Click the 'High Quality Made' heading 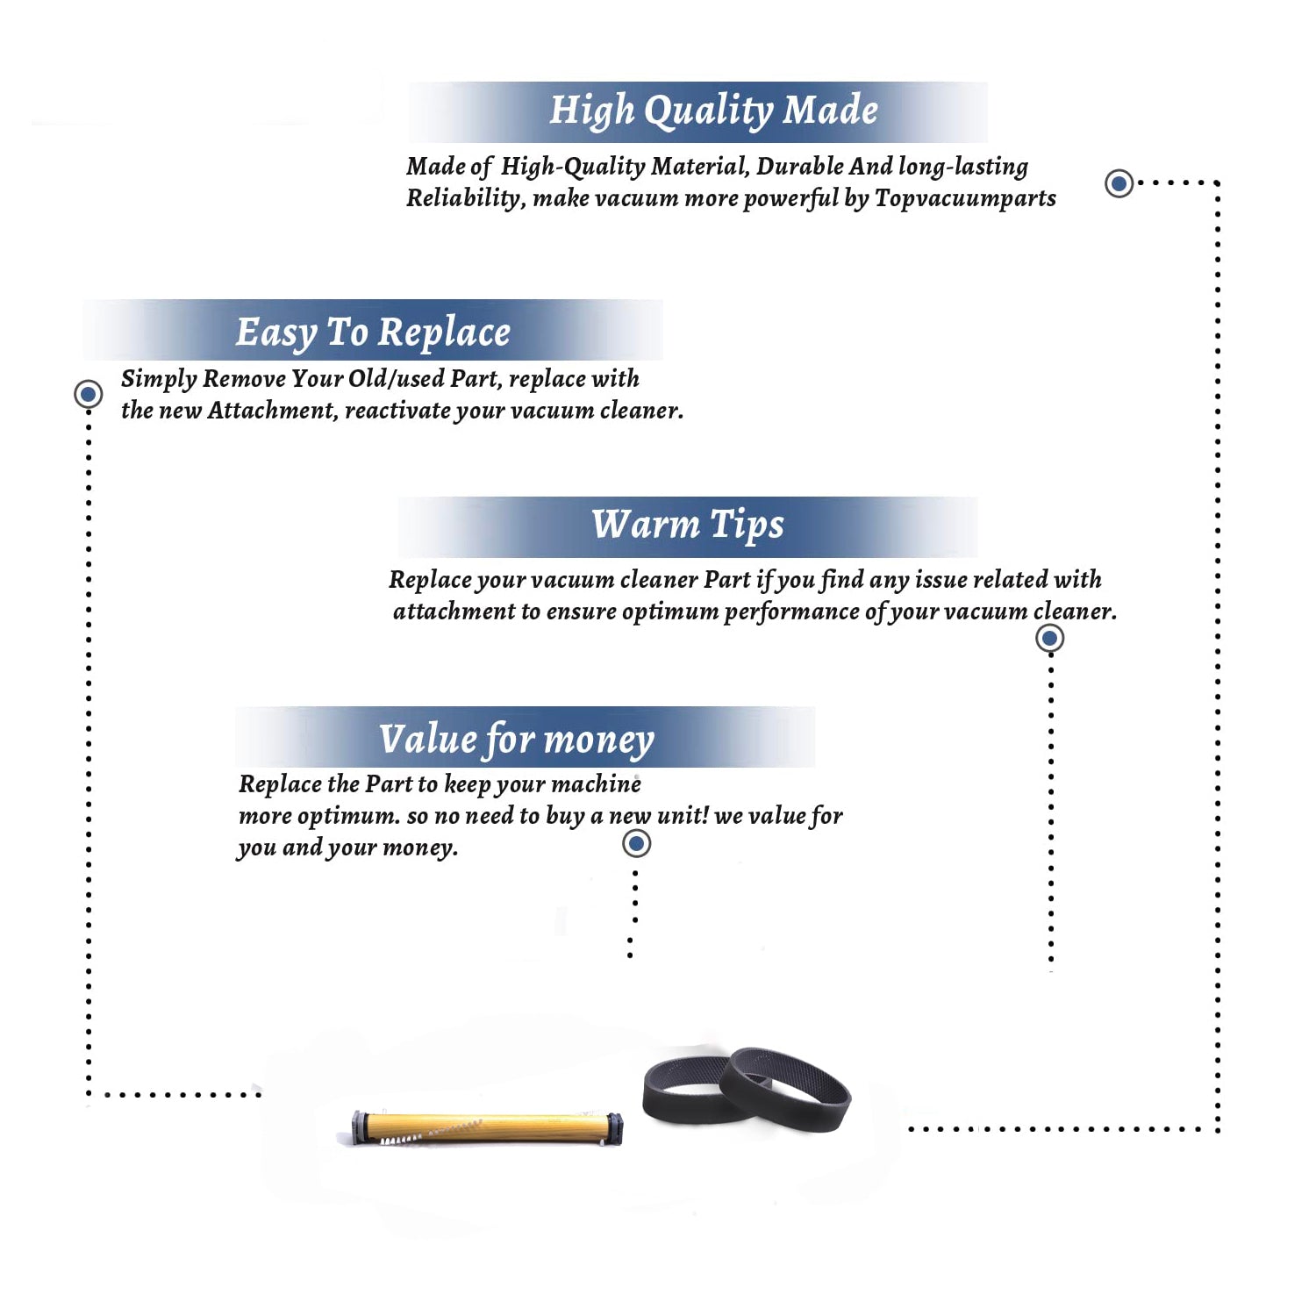coord(713,111)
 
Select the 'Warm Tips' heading coord(687,526)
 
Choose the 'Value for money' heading coord(517,740)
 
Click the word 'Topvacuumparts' coord(965,199)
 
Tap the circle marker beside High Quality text coord(1119,183)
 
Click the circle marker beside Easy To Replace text coord(88,394)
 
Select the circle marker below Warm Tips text coord(1049,638)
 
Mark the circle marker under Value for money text coord(636,844)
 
